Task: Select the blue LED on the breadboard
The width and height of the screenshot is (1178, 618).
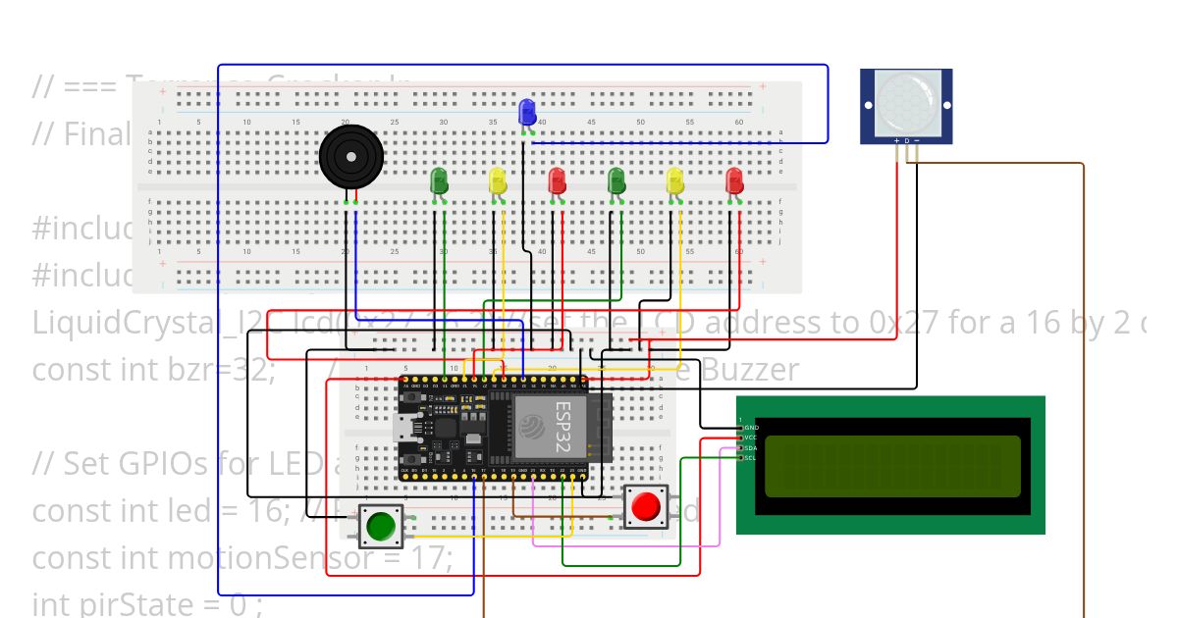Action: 527,111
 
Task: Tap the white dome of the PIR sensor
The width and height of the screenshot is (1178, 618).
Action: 905,100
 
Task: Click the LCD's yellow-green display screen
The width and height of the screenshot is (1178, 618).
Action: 892,466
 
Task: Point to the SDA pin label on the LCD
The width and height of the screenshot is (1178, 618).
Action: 750,448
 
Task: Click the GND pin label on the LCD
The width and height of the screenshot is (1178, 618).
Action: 751,428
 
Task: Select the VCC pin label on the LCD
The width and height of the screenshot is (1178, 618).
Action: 751,438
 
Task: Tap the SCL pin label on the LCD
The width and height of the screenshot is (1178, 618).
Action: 750,458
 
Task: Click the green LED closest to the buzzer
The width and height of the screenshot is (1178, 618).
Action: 439,180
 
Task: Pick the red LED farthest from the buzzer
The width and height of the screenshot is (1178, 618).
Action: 734,180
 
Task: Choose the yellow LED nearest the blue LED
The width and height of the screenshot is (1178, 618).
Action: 498,180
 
